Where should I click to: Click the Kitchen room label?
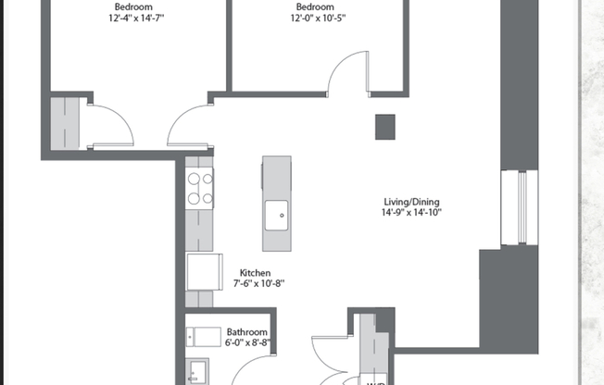tap(255, 273)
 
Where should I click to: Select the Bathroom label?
tap(247, 332)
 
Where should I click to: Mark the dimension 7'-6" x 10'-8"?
tap(255, 284)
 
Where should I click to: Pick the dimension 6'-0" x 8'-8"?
tap(247, 343)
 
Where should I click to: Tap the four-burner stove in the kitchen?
tap(200, 188)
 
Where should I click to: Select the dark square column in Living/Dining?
tap(385, 127)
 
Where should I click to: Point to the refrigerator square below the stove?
tap(203, 272)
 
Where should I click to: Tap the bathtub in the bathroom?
tap(205, 335)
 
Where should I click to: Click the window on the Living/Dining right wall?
tap(522, 209)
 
